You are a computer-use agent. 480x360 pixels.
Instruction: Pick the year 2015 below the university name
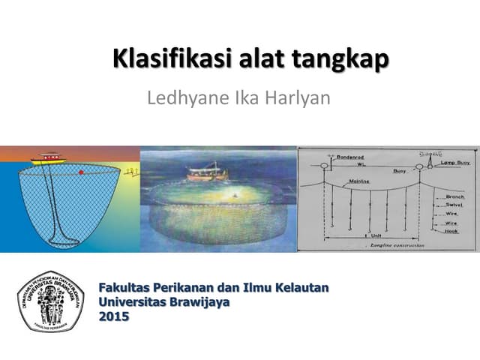click(x=114, y=316)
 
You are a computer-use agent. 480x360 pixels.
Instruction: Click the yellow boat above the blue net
click(x=49, y=158)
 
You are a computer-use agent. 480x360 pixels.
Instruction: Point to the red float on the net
click(x=80, y=173)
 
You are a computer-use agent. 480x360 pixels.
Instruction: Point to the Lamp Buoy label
click(x=454, y=162)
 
